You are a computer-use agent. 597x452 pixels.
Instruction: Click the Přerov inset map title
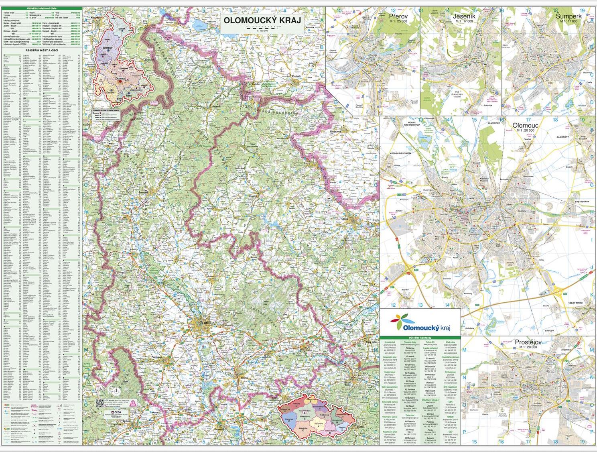[398, 16]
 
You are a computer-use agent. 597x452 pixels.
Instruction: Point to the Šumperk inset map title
[569, 16]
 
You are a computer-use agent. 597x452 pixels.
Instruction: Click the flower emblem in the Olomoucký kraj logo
[402, 318]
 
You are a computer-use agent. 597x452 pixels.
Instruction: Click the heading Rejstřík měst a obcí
[42, 50]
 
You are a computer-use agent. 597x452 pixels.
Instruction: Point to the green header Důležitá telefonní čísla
[42, 8]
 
